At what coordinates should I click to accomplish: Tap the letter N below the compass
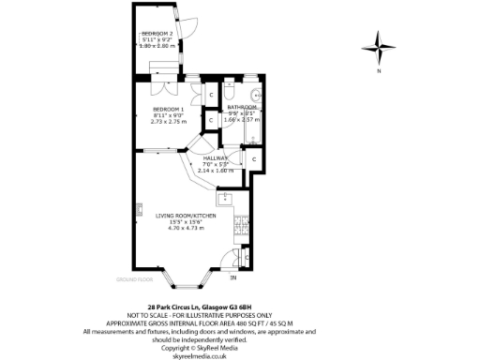(x=380, y=71)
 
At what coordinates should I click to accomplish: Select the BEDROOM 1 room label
(x=169, y=110)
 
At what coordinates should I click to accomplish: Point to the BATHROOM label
(x=242, y=108)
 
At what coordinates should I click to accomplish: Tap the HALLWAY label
(x=216, y=158)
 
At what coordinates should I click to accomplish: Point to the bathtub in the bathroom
(x=250, y=130)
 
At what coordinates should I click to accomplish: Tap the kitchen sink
(x=224, y=199)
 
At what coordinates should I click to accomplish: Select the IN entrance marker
(x=234, y=278)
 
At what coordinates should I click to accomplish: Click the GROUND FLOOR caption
(x=134, y=279)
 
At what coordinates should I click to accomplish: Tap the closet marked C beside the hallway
(x=254, y=160)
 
